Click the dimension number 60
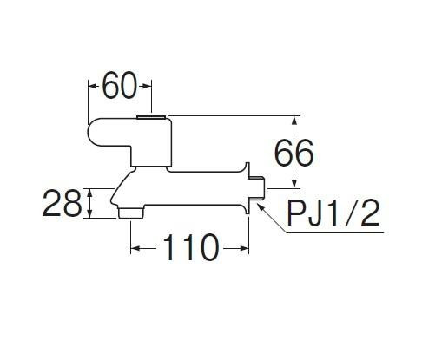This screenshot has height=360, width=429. point(119,85)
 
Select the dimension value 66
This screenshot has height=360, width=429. point(294,153)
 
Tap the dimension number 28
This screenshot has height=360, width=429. point(62,203)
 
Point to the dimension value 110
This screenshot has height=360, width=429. point(190,247)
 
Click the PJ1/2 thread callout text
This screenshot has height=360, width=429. point(333,213)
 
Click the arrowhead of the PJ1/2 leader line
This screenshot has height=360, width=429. point(260,206)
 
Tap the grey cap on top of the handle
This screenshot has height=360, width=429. point(151,117)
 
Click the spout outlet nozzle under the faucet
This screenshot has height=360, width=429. point(131,213)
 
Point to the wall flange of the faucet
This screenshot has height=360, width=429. point(247,188)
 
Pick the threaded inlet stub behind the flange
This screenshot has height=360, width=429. point(257,188)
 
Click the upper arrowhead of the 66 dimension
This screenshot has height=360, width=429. point(294,120)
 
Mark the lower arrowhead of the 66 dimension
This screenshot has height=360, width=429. point(294,184)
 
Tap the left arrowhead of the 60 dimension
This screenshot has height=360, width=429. point(92,86)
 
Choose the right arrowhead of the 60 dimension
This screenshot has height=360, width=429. point(147,86)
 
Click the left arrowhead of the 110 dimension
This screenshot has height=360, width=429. point(135,248)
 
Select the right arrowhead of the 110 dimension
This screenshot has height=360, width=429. point(244,248)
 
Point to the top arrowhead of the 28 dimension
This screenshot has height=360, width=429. point(90,193)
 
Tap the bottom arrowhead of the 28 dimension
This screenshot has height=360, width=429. point(90,213)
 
